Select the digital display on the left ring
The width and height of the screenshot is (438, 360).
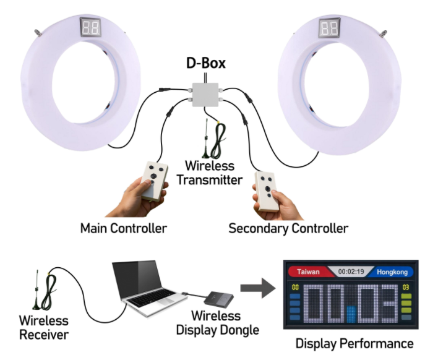click(91, 27)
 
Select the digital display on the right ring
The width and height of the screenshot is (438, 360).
click(328, 28)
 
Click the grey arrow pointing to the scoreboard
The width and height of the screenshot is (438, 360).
click(255, 288)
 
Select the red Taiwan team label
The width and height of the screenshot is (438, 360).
click(307, 272)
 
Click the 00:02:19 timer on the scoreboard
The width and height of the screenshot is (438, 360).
click(350, 272)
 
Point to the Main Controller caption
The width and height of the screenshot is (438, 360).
click(124, 228)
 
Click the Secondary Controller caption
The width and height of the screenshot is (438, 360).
click(288, 228)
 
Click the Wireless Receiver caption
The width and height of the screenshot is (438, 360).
click(43, 328)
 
